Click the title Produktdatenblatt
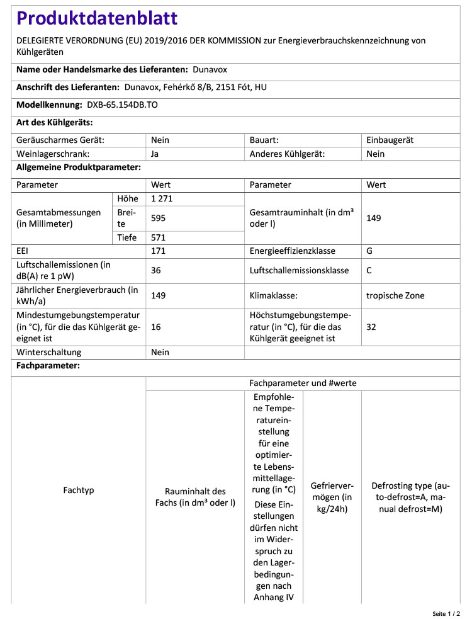97,19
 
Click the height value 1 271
162,199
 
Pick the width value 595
159,218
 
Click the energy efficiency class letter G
369,251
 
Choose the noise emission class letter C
369,270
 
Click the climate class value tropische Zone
395,295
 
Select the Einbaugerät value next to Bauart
390,140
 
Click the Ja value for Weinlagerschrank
155,154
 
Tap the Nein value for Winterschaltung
160,353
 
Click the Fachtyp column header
79,490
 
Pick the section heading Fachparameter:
48,366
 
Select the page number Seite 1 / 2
446,613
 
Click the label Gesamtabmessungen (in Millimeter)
59,218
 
